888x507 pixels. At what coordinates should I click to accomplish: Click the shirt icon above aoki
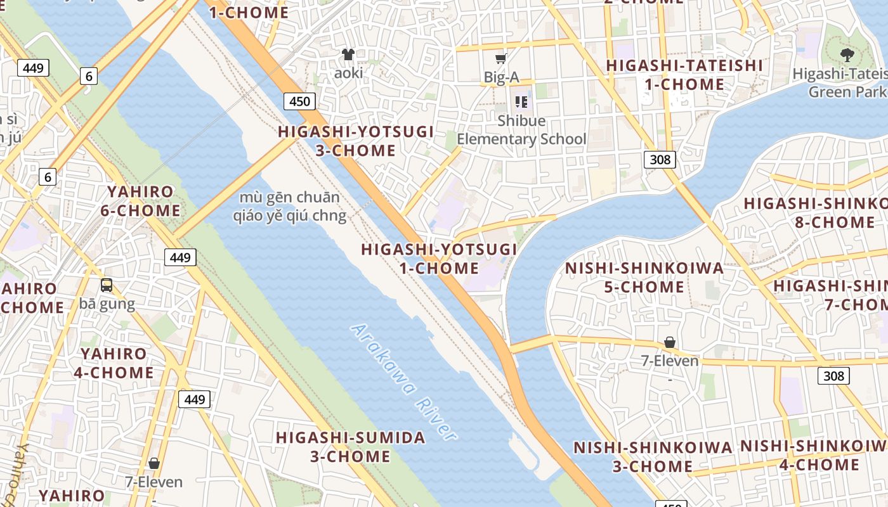348,55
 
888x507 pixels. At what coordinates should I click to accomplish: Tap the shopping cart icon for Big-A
501,59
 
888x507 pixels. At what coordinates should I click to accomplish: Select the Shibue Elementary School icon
521,101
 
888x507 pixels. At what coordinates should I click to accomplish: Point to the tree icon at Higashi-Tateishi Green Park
847,55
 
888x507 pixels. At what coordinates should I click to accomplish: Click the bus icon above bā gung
107,285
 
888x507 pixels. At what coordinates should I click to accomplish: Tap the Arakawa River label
403,383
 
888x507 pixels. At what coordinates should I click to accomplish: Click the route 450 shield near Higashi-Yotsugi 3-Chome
299,101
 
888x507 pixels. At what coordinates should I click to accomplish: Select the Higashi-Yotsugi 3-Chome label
356,141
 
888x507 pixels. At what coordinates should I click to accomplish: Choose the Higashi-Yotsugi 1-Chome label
439,259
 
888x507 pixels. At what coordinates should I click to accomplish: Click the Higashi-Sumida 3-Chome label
350,447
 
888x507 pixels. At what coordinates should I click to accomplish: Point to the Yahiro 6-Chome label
140,201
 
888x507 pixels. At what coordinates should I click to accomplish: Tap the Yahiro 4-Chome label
114,363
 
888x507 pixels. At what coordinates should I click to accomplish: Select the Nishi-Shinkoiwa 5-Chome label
644,278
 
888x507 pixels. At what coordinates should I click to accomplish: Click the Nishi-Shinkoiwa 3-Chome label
653,457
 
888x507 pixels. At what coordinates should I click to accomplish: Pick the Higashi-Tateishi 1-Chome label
684,75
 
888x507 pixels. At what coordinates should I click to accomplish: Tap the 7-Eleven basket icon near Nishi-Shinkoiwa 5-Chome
669,343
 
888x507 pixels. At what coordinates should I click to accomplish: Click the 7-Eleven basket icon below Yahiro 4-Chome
153,463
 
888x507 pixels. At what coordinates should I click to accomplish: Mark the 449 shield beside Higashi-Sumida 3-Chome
194,399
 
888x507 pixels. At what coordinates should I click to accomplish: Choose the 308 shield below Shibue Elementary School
660,159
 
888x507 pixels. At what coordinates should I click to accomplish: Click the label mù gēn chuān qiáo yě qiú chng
289,207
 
